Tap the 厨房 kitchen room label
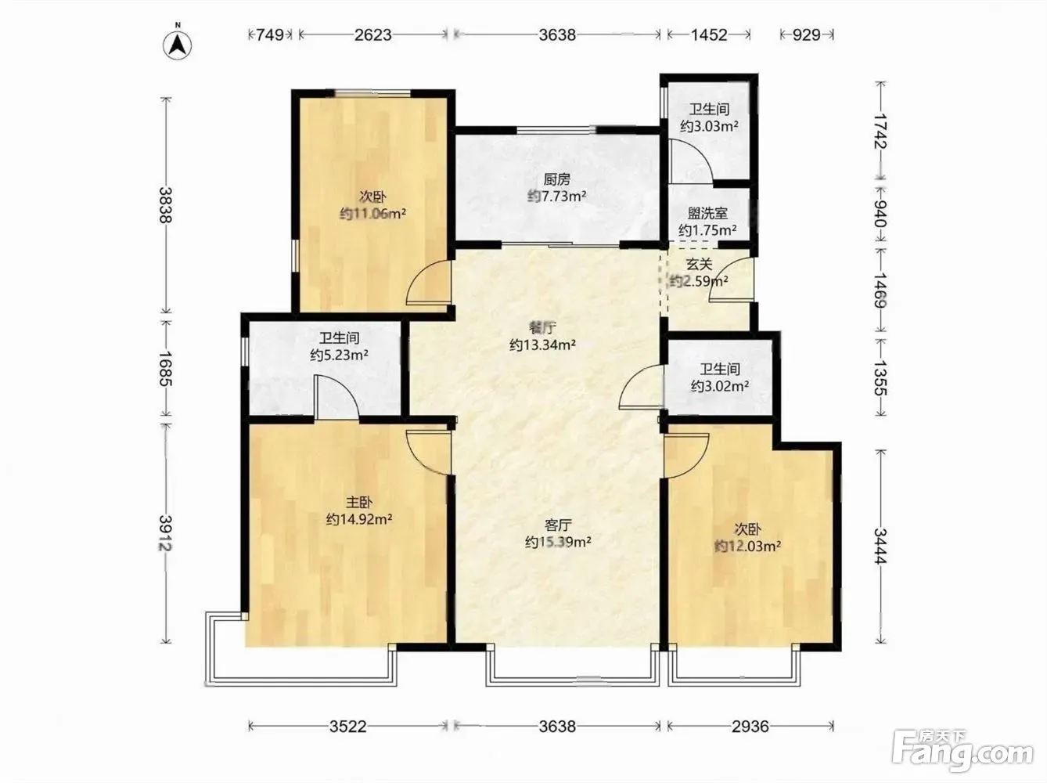tap(556, 179)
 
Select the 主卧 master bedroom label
tap(358, 502)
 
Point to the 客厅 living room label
tap(558, 525)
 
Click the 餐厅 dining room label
tap(542, 328)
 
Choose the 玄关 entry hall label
tap(700, 264)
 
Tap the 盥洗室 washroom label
tap(707, 213)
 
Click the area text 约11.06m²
tap(372, 213)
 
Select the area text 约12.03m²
tap(747, 546)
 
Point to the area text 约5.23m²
tap(339, 355)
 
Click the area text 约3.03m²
tap(709, 126)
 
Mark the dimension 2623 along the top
tap(373, 34)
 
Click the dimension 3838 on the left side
tap(166, 204)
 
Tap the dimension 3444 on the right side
tap(880, 547)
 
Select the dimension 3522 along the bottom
tap(348, 726)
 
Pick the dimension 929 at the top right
tap(807, 34)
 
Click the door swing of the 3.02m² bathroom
tap(641, 387)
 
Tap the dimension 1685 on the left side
tap(166, 368)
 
